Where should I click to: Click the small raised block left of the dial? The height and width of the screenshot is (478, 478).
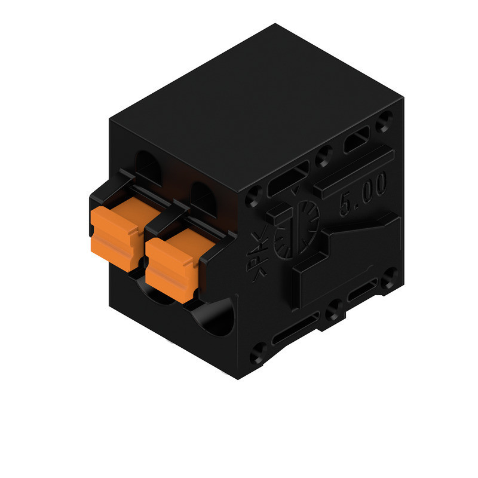click(277, 213)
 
